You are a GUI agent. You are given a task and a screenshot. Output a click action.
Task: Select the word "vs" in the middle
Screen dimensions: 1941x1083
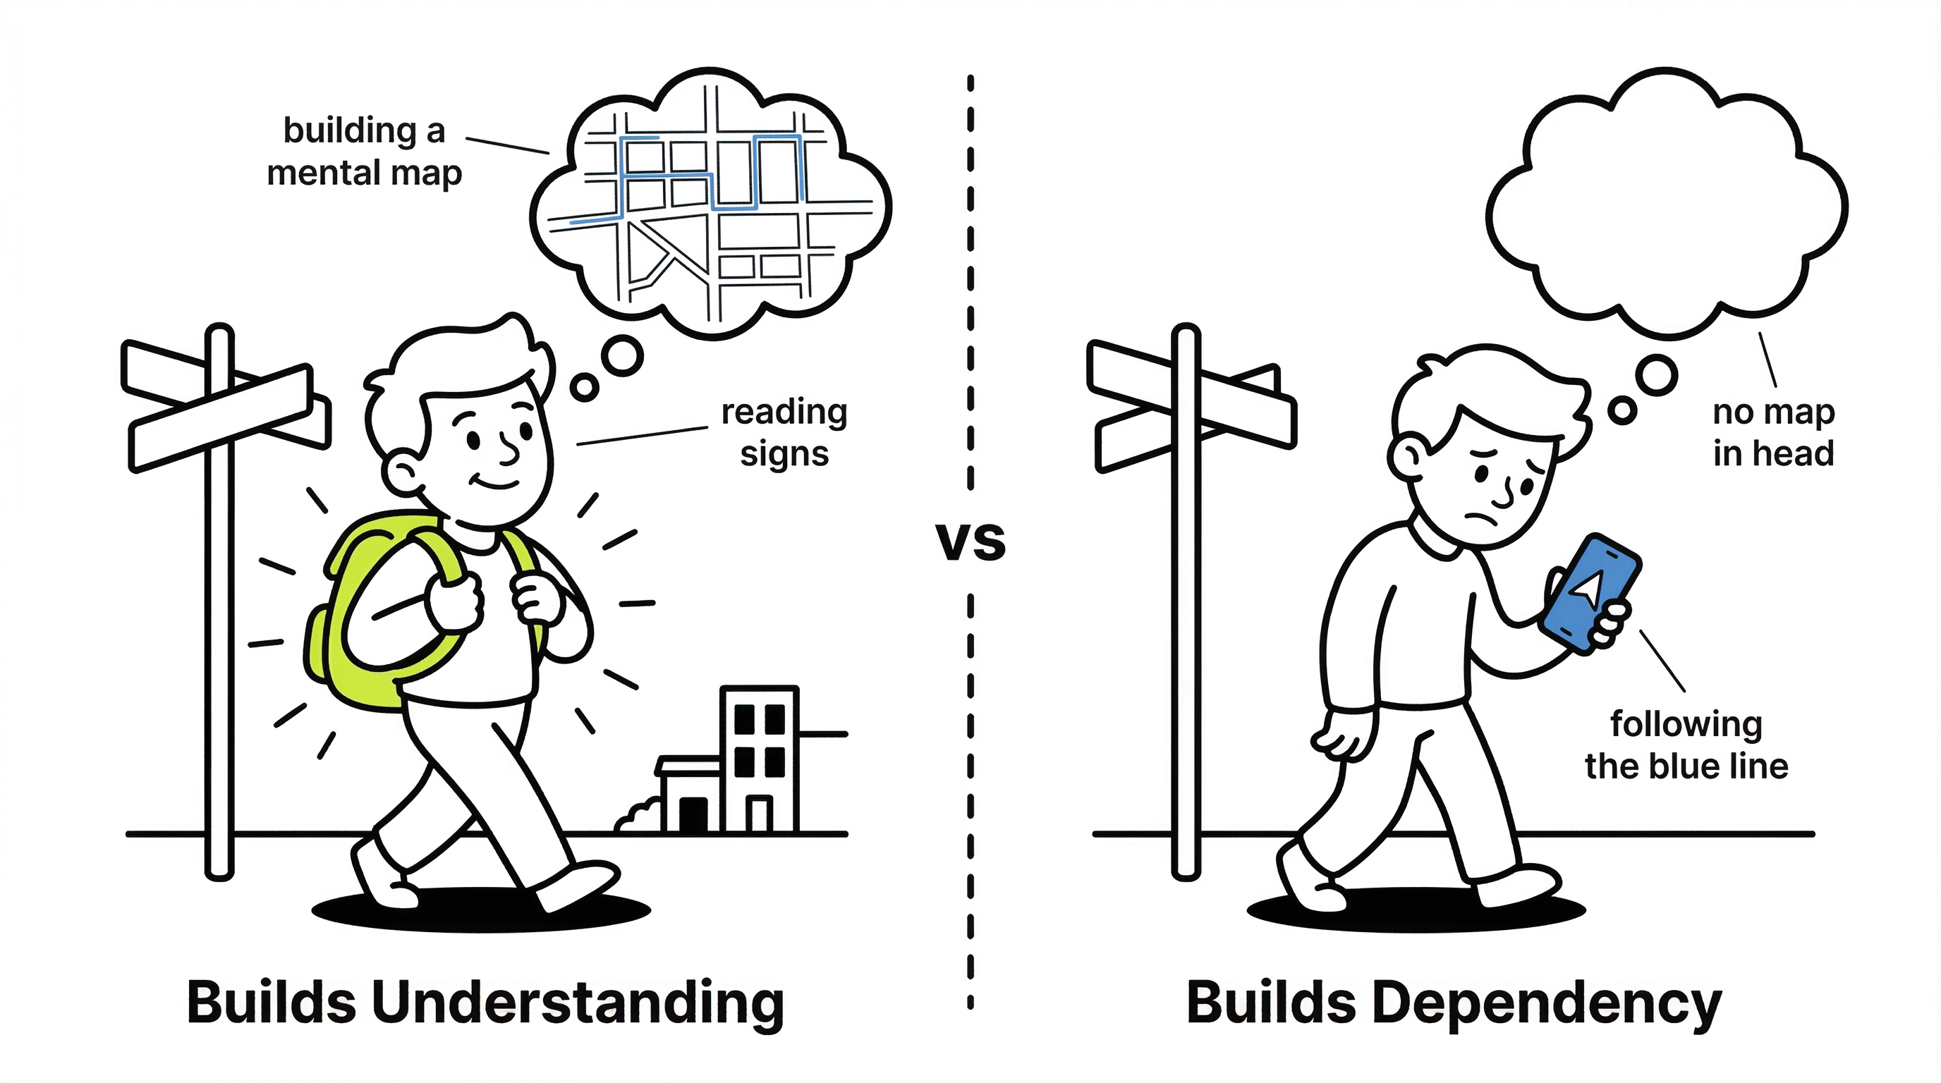[x=970, y=541]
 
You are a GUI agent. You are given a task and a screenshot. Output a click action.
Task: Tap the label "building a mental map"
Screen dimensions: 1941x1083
[x=365, y=152]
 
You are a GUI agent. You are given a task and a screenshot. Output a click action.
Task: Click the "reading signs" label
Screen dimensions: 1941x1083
[x=784, y=433]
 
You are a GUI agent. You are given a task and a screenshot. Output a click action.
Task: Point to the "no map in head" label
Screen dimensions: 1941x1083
[x=1773, y=433]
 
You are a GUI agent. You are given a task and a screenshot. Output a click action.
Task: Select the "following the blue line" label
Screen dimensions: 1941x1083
[x=1686, y=745]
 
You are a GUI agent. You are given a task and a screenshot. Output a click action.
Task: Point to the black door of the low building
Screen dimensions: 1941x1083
[x=693, y=814]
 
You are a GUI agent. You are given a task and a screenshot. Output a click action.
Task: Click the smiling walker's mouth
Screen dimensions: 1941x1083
[x=496, y=482]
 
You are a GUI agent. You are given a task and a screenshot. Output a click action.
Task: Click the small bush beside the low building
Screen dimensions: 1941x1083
[x=639, y=816]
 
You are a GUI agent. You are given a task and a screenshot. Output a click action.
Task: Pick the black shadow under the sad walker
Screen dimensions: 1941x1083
[x=1416, y=911]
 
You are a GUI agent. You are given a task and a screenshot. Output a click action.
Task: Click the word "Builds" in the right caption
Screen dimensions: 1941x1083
[x=1272, y=1003]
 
